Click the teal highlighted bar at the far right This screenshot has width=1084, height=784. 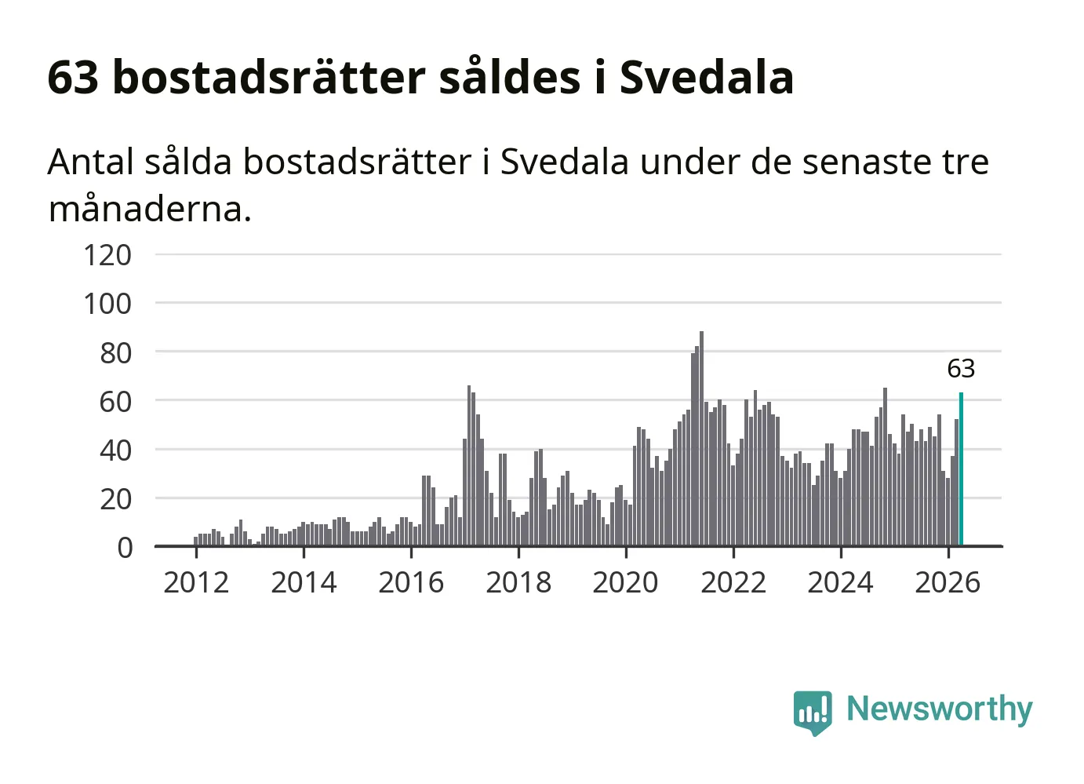[961, 469]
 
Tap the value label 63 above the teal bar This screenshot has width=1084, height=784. [961, 369]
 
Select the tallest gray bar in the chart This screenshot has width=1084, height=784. [702, 439]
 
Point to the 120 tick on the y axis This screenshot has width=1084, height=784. [107, 255]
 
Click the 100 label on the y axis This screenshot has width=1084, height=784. [107, 304]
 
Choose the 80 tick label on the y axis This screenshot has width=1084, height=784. [115, 353]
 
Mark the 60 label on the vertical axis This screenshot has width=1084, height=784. [115, 402]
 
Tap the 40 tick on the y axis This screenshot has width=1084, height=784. [115, 450]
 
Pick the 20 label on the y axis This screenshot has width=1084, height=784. [115, 499]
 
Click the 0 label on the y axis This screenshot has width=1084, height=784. [125, 548]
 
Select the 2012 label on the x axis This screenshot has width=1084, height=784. [196, 582]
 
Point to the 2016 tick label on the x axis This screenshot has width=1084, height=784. [411, 582]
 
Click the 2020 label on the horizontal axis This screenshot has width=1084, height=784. [625, 582]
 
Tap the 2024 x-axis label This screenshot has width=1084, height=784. [840, 582]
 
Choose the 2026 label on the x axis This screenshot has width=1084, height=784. [948, 582]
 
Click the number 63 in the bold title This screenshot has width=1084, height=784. [73, 78]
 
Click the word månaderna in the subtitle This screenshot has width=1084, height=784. [150, 210]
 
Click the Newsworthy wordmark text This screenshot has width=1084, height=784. [940, 710]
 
